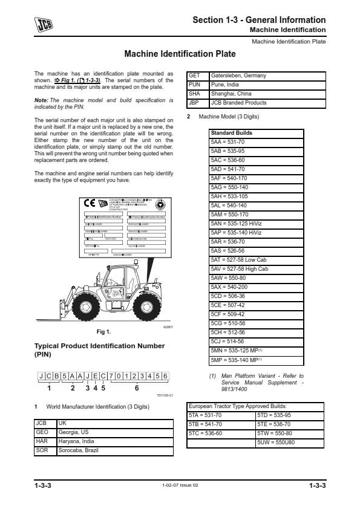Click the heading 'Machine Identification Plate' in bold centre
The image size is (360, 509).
[x=180, y=54]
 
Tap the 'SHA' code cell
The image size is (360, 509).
[x=195, y=94]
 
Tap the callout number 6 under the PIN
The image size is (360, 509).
[x=137, y=389]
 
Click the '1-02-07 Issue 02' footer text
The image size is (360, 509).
[x=180, y=485]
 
